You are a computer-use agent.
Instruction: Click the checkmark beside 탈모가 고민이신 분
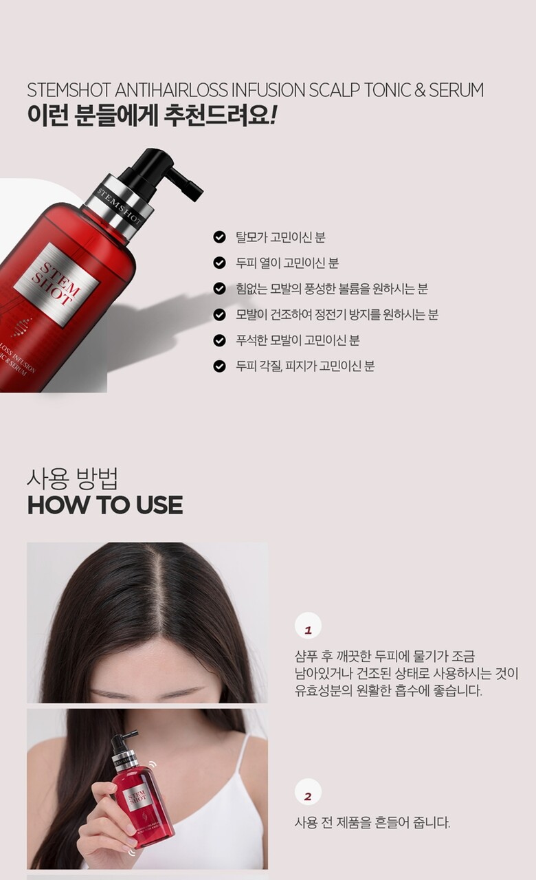[219, 237]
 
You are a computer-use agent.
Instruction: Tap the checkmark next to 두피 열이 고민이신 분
[219, 263]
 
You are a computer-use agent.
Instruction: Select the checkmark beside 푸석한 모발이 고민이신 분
[219, 340]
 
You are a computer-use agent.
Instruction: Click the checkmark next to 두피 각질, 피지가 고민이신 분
[219, 366]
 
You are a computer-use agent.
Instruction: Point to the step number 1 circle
[308, 626]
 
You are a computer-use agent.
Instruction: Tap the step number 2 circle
[308, 792]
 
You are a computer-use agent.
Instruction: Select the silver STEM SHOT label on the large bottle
[56, 284]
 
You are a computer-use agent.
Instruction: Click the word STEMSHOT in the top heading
[69, 90]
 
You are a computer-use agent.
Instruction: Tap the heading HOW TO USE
[105, 505]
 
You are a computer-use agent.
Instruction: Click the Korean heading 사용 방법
[73, 478]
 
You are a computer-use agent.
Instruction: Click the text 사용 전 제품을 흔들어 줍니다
[372, 822]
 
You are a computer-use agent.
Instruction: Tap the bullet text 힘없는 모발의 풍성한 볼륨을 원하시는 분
[332, 289]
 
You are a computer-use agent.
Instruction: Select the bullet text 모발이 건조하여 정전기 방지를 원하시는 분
[337, 315]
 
